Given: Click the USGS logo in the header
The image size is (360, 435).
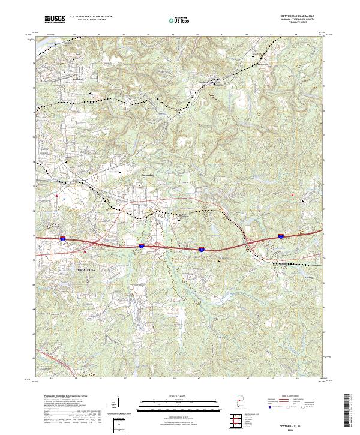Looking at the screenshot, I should pos(53,20).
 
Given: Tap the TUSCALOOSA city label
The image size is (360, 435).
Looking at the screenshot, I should pos(89,271).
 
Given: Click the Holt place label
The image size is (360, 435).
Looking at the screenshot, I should pos(77,55).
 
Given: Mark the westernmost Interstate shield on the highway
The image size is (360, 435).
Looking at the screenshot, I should pos(62,238).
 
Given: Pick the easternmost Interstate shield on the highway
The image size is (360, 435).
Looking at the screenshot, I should pos(280,236).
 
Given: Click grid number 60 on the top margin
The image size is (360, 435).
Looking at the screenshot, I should pos(198,35).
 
